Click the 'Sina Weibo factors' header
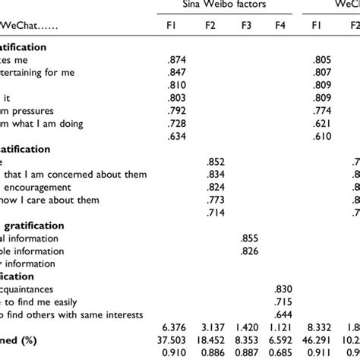coord(226,7)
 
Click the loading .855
coord(248,238)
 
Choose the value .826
coord(248,251)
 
